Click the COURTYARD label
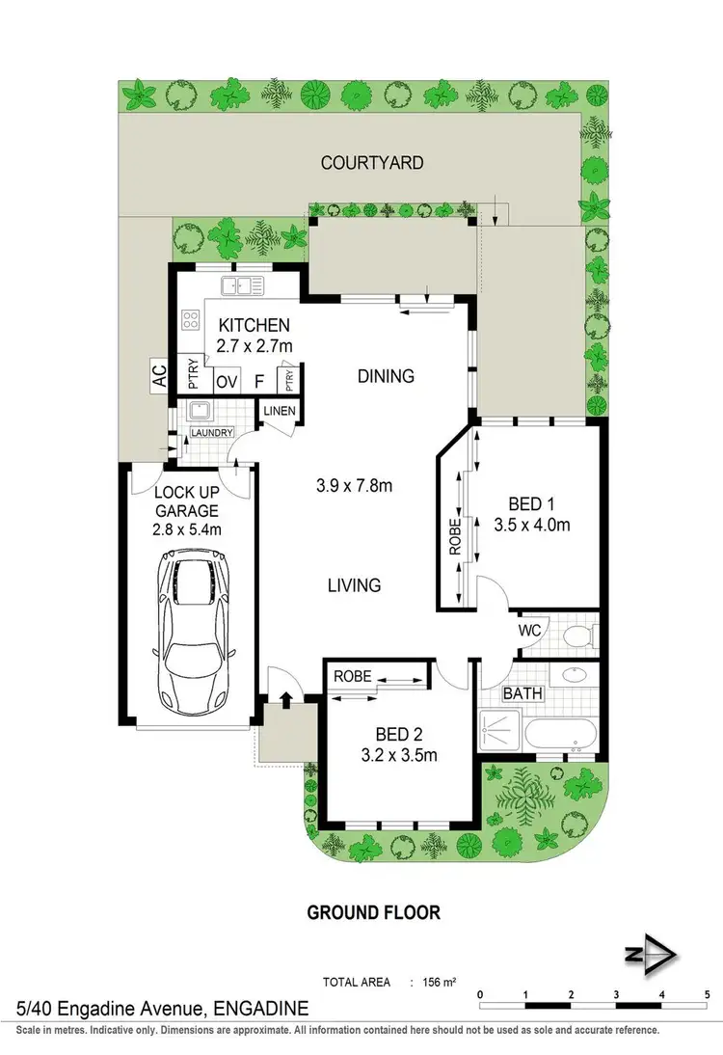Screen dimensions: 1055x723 pyautogui.click(x=371, y=163)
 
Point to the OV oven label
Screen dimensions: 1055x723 pyautogui.click(x=227, y=382)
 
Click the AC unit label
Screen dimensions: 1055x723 pyautogui.click(x=159, y=376)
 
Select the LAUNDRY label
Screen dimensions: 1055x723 pyautogui.click(x=211, y=433)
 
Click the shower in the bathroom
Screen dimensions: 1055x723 pyautogui.click(x=499, y=729)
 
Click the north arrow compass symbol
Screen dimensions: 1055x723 pyautogui.click(x=656, y=953)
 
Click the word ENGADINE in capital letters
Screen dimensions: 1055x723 pyautogui.click(x=260, y=1010)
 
